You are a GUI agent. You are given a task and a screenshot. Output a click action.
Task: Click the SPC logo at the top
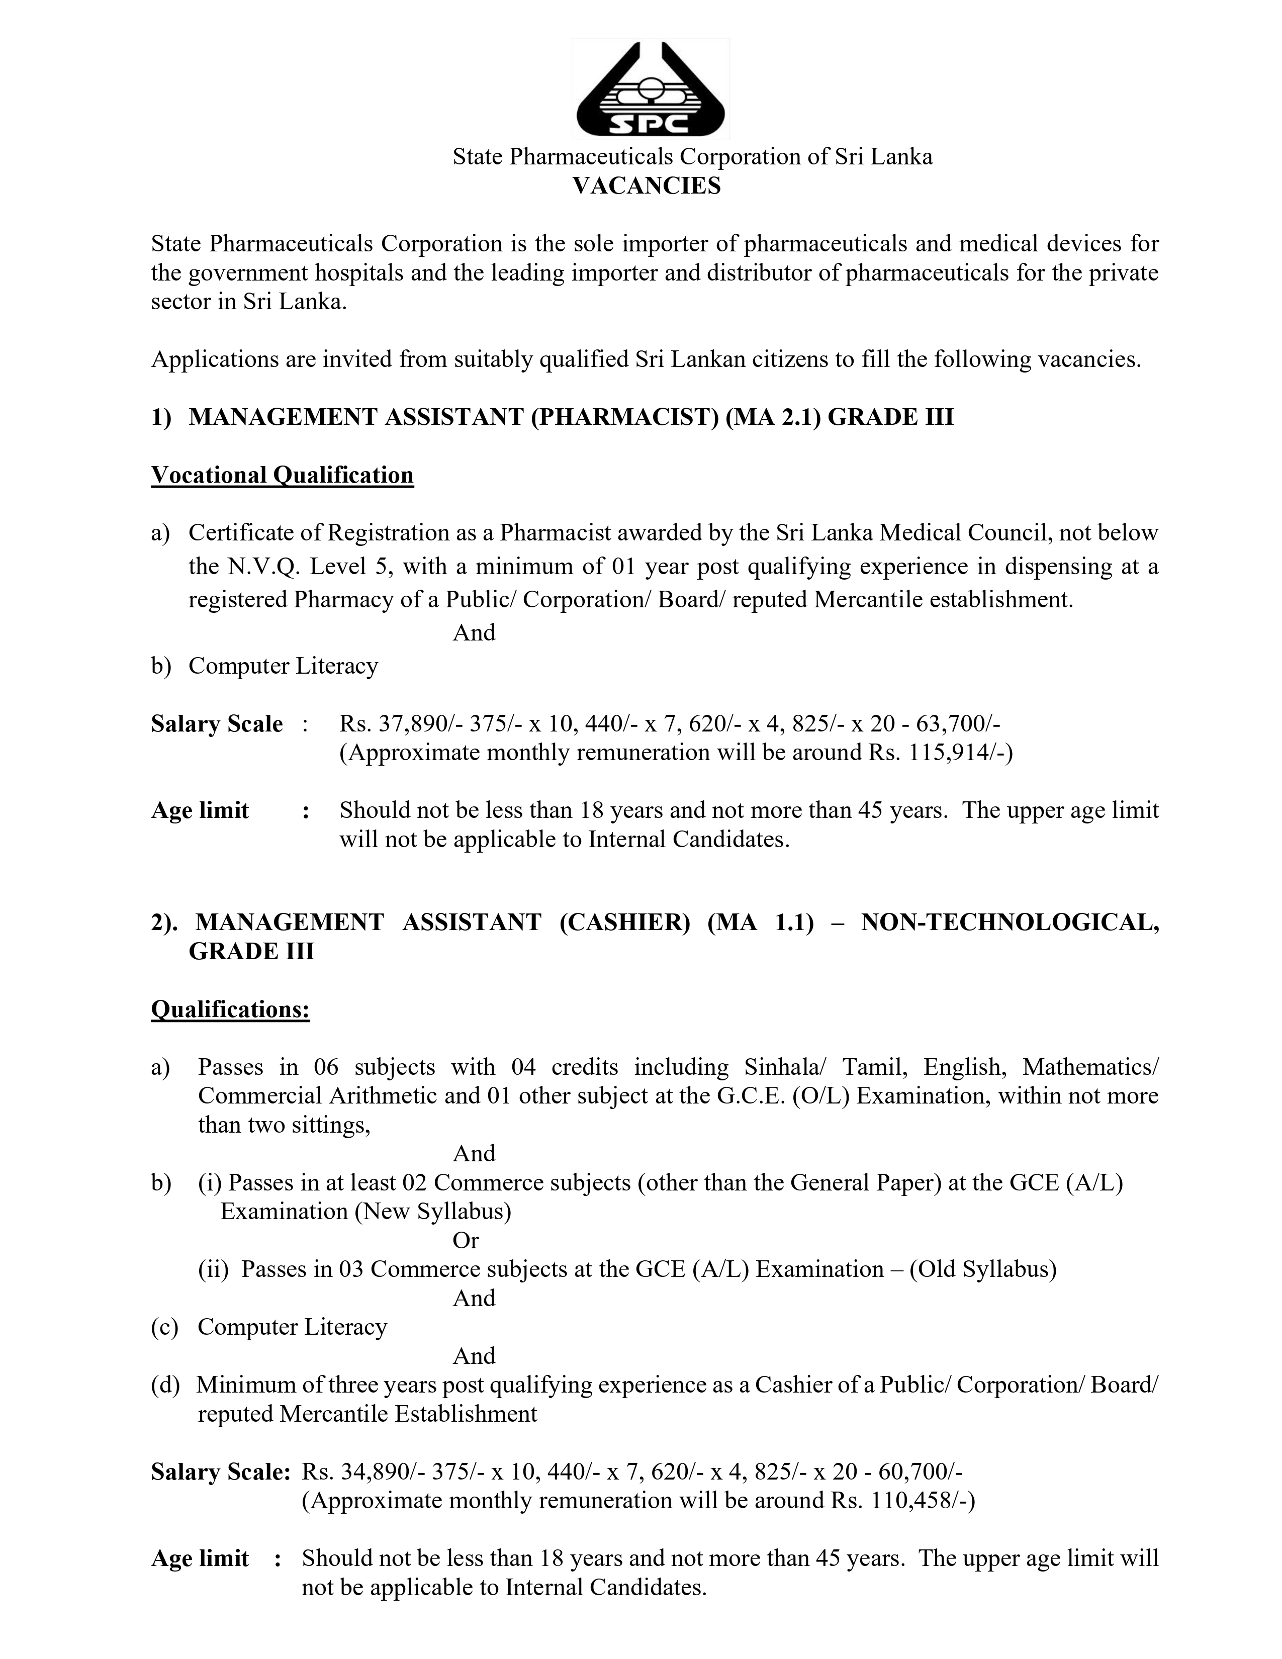point(650,89)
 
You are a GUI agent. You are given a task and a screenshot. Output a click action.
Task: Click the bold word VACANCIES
point(647,186)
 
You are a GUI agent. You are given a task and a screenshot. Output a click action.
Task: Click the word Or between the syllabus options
point(466,1240)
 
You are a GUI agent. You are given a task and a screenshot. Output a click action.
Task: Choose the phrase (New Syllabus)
point(433,1211)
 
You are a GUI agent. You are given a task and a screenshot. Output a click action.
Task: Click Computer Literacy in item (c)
point(293,1327)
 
